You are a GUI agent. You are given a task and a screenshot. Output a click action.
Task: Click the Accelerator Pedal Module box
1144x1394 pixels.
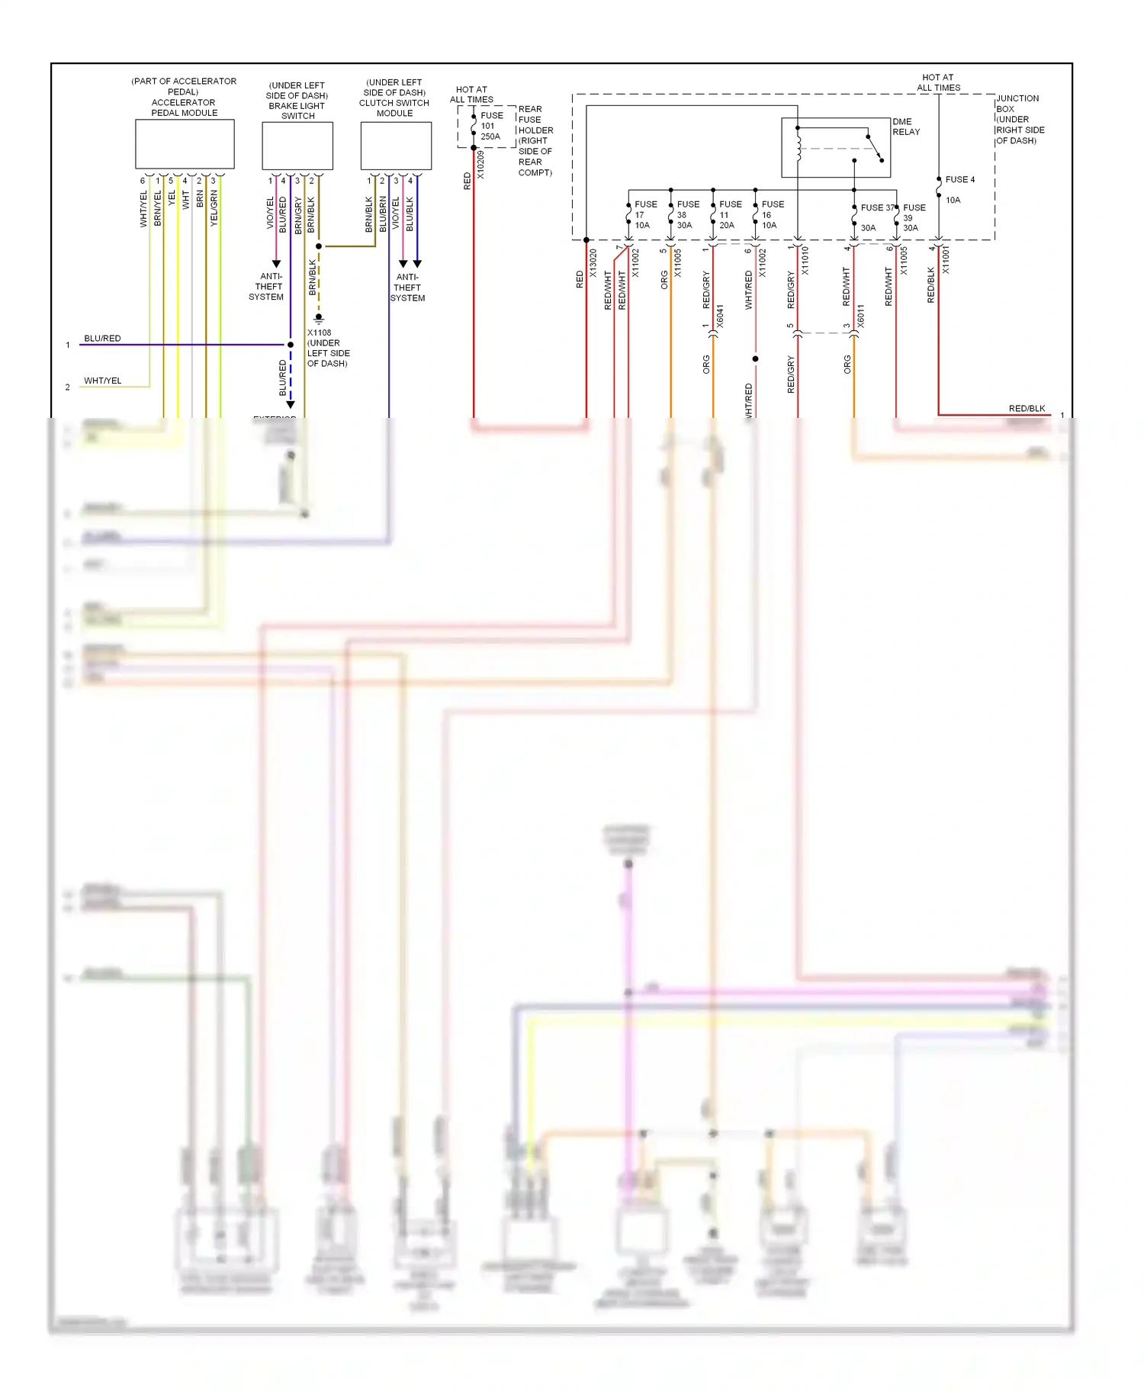pyautogui.click(x=185, y=144)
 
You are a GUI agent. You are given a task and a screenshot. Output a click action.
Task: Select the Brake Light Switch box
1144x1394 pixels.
pyautogui.click(x=297, y=146)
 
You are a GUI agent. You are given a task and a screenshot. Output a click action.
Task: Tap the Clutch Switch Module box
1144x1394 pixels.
pyautogui.click(x=396, y=146)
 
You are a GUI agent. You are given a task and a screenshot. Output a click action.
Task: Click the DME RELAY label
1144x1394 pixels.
pyautogui.click(x=906, y=127)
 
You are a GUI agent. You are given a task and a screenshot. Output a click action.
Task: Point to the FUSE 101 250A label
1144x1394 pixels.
pyautogui.click(x=491, y=126)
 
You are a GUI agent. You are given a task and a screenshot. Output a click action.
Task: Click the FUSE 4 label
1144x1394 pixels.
pyautogui.click(x=959, y=180)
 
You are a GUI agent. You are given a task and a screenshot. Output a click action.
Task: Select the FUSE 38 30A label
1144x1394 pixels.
pyautogui.click(x=686, y=214)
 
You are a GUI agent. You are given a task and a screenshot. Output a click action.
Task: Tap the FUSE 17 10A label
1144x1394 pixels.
pyautogui.click(x=644, y=214)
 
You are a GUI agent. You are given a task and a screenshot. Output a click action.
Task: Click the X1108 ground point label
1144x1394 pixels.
pyautogui.click(x=327, y=348)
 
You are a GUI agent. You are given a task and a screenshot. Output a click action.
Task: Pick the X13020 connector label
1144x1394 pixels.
pyautogui.click(x=593, y=263)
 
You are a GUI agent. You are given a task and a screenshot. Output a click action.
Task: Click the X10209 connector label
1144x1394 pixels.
pyautogui.click(x=480, y=165)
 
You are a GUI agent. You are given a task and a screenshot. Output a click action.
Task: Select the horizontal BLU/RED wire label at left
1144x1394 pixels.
pyautogui.click(x=102, y=338)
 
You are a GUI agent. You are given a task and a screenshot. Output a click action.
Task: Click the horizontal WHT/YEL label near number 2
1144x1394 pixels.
pyautogui.click(x=102, y=381)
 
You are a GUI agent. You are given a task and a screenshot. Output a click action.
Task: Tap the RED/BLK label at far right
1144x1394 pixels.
pyautogui.click(x=1027, y=408)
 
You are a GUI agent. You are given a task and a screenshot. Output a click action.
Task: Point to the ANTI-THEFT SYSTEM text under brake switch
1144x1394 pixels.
pyautogui.click(x=267, y=287)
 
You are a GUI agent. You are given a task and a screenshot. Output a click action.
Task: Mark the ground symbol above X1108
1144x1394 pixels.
pyautogui.click(x=319, y=318)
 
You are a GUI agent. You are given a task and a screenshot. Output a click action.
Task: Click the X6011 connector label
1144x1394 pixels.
pyautogui.click(x=861, y=316)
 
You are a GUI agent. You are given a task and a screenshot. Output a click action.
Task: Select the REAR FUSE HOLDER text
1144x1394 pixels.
pyautogui.click(x=535, y=140)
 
